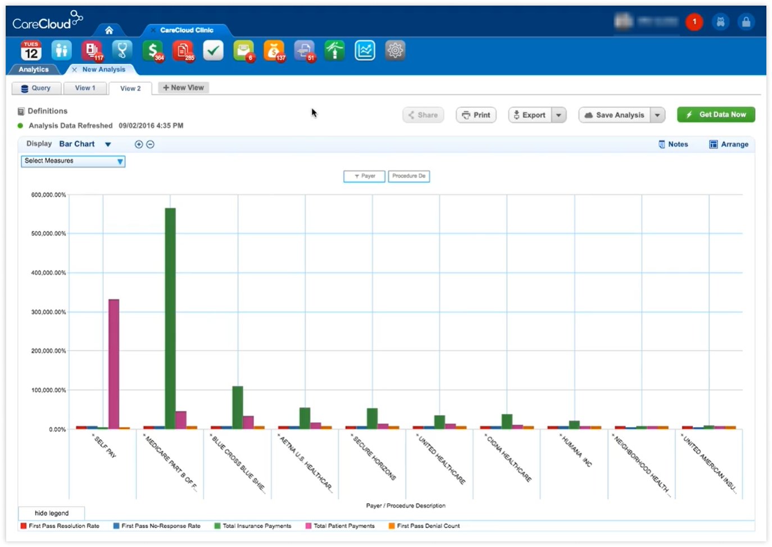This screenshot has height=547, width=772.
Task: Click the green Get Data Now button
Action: [716, 115]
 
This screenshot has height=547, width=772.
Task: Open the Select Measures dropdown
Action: [73, 161]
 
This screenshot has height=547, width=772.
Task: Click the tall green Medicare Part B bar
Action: [170, 318]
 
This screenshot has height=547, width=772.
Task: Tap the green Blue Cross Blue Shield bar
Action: [238, 407]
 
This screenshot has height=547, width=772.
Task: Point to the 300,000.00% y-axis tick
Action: [48, 312]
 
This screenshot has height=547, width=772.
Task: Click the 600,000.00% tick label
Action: [48, 195]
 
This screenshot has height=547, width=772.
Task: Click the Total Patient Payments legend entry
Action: [343, 526]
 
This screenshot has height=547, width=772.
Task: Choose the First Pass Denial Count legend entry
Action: [428, 526]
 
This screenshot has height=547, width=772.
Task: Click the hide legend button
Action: [52, 513]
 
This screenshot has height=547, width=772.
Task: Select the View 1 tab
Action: [85, 88]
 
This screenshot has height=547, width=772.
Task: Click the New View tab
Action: [183, 88]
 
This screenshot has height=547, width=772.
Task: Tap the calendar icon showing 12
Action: [31, 51]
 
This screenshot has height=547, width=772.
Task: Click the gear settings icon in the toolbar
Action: [395, 51]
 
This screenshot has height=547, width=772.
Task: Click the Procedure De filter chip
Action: [408, 176]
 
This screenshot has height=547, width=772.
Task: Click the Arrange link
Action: [729, 144]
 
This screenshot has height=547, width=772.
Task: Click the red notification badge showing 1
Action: [694, 22]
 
